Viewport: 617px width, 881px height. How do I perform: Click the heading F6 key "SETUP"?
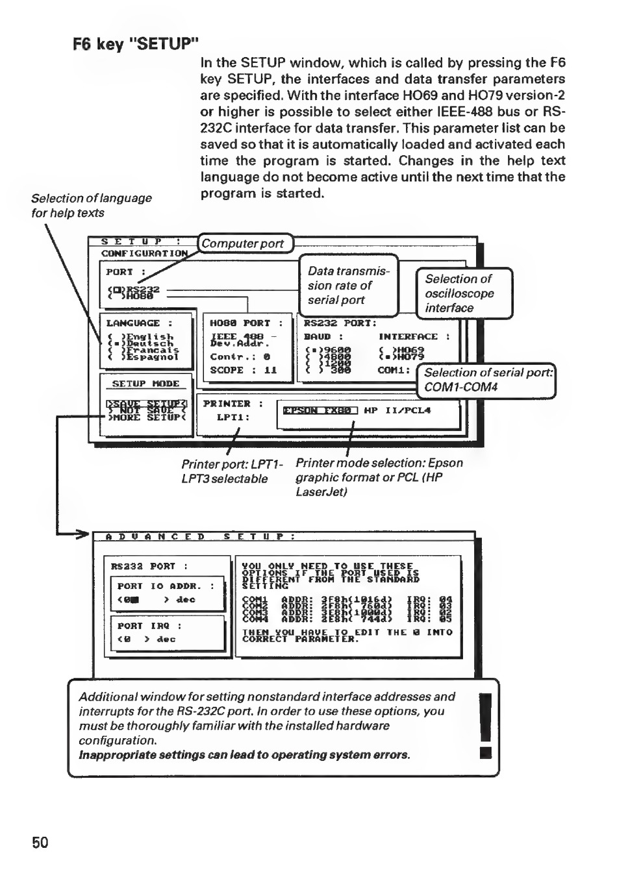[x=135, y=44]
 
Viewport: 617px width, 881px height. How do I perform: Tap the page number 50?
[x=40, y=842]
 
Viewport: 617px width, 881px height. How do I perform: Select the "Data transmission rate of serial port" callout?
[x=349, y=285]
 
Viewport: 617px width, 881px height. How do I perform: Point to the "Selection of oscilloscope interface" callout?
[x=464, y=293]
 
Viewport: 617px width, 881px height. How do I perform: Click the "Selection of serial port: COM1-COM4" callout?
[x=487, y=380]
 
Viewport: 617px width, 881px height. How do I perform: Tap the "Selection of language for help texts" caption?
[x=92, y=205]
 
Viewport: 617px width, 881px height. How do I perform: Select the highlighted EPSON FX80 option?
[x=320, y=410]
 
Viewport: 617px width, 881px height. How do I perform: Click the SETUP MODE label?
[x=145, y=384]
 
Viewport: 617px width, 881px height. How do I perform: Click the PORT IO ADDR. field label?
[x=166, y=586]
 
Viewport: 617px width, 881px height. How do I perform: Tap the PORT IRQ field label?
[x=149, y=626]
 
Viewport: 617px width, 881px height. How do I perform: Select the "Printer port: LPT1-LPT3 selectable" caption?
[x=232, y=471]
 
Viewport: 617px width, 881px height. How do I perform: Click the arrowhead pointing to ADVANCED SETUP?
[x=81, y=535]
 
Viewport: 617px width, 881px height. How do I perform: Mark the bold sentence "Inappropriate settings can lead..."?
[x=245, y=755]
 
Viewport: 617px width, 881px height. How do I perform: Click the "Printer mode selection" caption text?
[x=379, y=477]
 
